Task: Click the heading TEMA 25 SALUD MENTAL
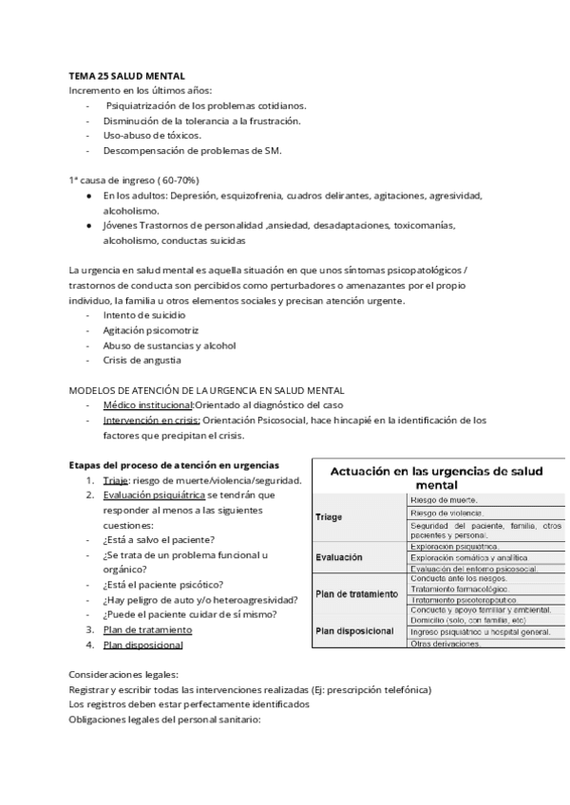click(x=126, y=74)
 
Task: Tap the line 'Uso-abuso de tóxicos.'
click(x=152, y=136)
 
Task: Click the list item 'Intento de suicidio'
click(x=144, y=314)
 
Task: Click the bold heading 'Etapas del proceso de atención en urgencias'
click(x=174, y=465)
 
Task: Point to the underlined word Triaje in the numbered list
click(x=117, y=480)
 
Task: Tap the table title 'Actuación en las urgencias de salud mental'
click(x=438, y=477)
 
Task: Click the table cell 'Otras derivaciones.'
click(x=446, y=644)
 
